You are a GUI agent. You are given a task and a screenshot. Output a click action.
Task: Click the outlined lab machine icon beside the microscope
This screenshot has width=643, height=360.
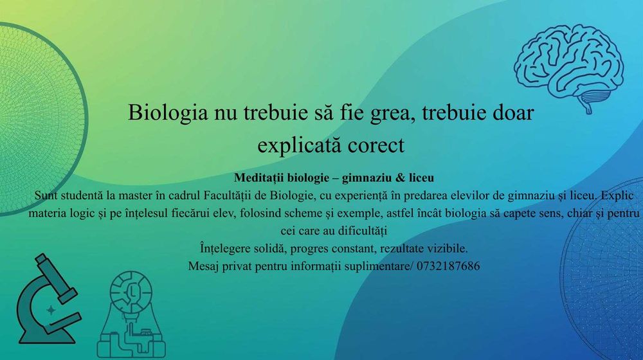coord(131,315)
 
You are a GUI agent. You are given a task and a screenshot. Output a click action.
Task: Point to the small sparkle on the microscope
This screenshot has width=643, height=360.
coord(51,309)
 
